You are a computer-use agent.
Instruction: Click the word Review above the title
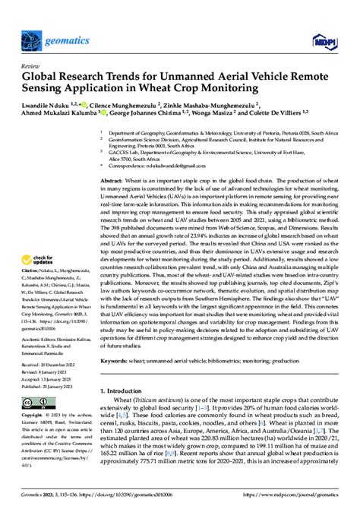pos(32,46)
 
